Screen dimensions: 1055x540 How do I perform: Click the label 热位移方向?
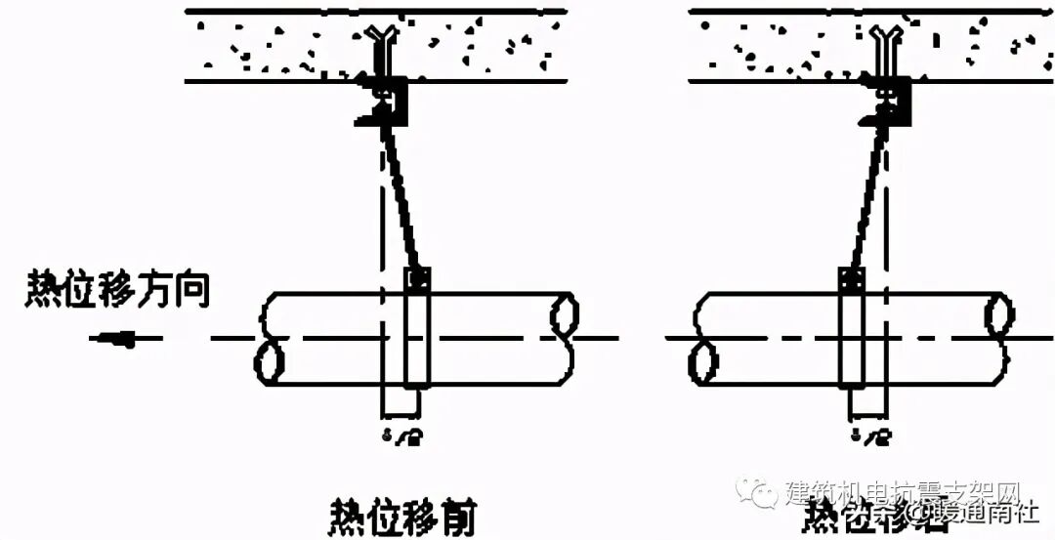117,291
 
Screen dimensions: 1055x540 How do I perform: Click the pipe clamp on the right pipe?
851,332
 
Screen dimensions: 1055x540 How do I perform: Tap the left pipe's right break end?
563,338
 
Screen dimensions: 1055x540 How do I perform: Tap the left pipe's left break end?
271,338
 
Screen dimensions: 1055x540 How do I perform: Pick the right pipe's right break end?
997,338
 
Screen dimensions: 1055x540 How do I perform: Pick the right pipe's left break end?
700,338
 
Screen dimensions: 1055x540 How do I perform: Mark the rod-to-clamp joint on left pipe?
418,278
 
